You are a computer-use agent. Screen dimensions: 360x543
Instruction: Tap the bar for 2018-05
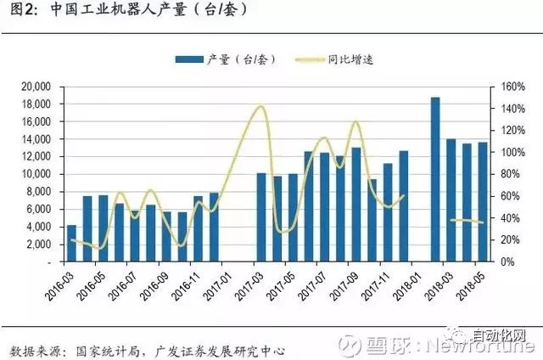(x=483, y=202)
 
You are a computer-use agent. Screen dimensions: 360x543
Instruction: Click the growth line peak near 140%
(x=260, y=107)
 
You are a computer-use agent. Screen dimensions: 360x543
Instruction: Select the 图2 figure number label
(x=18, y=12)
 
